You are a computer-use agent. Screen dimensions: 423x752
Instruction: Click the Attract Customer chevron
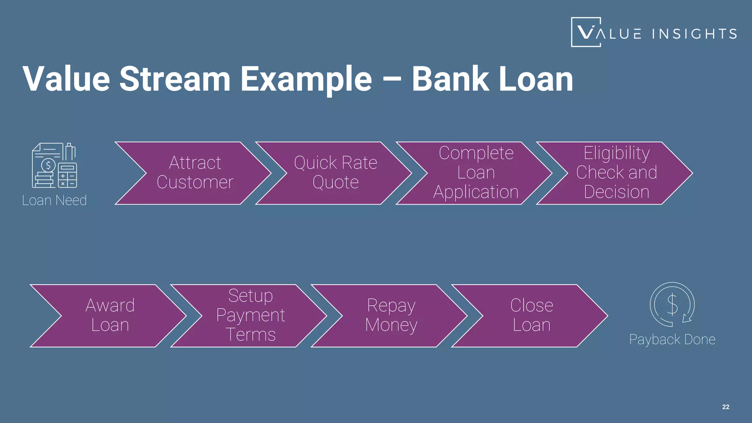click(195, 173)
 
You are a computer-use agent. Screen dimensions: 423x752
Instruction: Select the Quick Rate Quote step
click(335, 173)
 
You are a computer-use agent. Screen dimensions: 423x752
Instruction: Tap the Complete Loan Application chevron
click(476, 173)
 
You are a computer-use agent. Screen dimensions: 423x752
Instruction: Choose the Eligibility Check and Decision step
click(617, 173)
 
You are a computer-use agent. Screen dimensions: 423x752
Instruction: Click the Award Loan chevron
click(110, 315)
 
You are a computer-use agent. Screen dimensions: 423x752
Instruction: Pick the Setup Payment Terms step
click(251, 315)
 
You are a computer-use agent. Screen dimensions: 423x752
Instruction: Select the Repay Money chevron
click(391, 315)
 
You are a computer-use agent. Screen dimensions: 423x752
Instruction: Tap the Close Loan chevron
click(532, 315)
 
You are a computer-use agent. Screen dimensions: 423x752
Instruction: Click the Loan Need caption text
click(54, 200)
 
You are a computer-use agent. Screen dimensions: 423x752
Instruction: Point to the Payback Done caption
click(672, 339)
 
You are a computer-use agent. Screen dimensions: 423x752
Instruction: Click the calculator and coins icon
click(54, 165)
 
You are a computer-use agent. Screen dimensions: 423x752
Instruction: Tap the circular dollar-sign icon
click(672, 304)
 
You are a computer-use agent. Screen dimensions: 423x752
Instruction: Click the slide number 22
click(726, 407)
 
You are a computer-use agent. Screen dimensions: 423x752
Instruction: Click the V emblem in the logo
click(586, 32)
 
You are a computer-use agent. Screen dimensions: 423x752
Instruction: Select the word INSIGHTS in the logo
click(694, 34)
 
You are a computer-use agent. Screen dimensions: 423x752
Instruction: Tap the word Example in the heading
click(306, 79)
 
